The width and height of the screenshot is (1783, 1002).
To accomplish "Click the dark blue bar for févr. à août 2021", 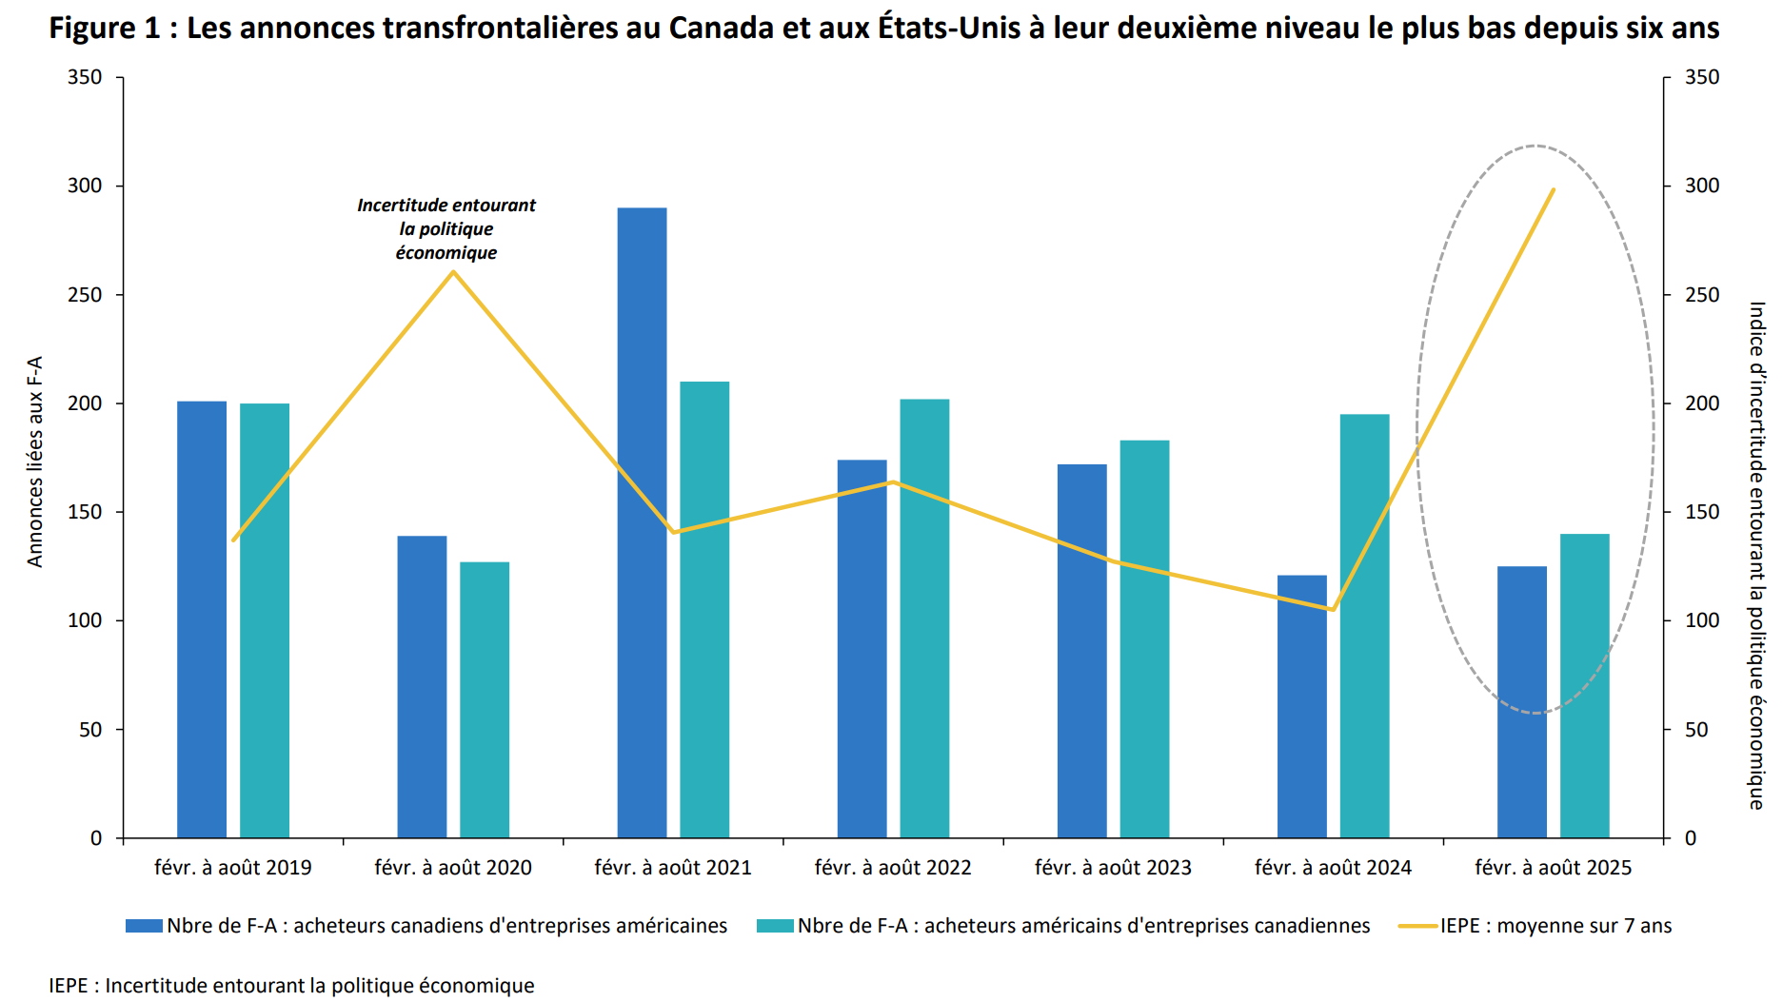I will (x=642, y=523).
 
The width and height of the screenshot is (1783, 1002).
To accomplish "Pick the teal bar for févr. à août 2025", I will (x=1584, y=686).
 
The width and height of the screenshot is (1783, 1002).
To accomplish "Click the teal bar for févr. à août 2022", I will (x=924, y=619).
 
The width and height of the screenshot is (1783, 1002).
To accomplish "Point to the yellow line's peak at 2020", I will (x=453, y=272).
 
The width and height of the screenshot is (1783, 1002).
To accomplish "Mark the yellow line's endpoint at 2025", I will (x=1553, y=189).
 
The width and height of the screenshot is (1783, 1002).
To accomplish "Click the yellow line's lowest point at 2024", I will (x=1333, y=609).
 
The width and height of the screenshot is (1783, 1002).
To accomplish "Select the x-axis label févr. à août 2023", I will (x=1113, y=868).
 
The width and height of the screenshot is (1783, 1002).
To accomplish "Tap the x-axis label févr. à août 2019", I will (x=233, y=868).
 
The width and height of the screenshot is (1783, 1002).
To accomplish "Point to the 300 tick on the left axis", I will (x=85, y=186).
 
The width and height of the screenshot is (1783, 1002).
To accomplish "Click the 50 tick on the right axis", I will (x=1696, y=730).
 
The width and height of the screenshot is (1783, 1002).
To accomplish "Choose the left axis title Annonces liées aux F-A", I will (x=35, y=462).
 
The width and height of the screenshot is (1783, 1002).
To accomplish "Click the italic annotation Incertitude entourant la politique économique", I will (x=446, y=228).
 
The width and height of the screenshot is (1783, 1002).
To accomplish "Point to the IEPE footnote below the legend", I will (x=291, y=986).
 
